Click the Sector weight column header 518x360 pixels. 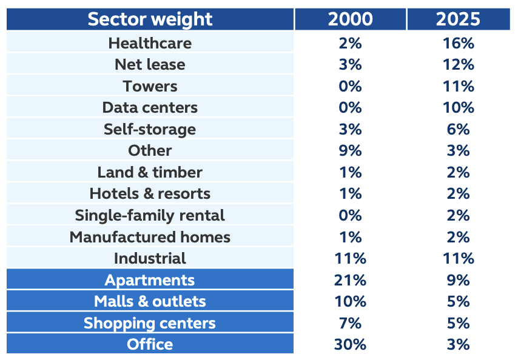(x=150, y=19)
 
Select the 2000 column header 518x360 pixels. (x=350, y=19)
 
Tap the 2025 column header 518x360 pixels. (x=458, y=19)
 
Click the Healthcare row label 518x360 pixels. (x=150, y=43)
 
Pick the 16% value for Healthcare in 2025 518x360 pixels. (x=458, y=43)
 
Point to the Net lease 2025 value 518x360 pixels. (x=458, y=65)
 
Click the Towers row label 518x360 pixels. (x=150, y=87)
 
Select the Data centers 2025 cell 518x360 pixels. (x=458, y=107)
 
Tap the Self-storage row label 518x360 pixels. (x=150, y=129)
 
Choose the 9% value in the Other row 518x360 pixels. (x=350, y=151)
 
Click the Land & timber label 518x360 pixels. (x=150, y=172)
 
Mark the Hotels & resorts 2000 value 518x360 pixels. (x=350, y=194)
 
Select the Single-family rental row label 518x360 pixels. (x=150, y=216)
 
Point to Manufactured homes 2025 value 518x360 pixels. (x=458, y=237)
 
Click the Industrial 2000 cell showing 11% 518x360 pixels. (x=350, y=258)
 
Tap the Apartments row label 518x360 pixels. (x=150, y=280)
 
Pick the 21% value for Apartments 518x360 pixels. (x=350, y=280)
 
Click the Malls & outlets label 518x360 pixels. (x=150, y=301)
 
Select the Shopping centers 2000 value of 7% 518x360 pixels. (x=350, y=323)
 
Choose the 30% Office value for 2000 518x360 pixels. (x=350, y=344)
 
